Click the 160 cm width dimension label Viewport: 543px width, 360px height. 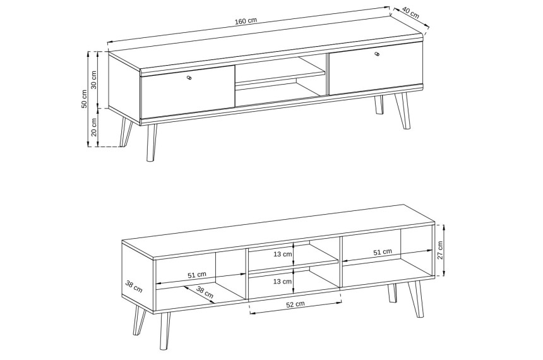(x=246, y=20)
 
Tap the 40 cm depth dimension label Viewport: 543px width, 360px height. (x=410, y=13)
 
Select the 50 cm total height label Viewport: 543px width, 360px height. (x=84, y=99)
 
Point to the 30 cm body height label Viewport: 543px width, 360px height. (x=94, y=80)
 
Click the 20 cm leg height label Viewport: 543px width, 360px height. (x=94, y=127)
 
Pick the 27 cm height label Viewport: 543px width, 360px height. (x=440, y=250)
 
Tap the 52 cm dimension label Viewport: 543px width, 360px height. (x=295, y=304)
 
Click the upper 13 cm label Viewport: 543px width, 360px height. (x=283, y=254)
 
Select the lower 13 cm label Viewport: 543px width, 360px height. (x=283, y=281)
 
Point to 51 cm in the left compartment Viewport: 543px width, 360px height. (x=197, y=275)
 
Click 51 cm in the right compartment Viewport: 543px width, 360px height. (x=383, y=252)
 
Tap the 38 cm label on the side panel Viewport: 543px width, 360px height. (x=134, y=287)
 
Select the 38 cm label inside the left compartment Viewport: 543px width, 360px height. (x=205, y=292)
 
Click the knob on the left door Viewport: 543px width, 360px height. (x=189, y=78)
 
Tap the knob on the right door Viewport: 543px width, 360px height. (x=377, y=54)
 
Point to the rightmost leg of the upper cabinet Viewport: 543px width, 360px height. (x=402, y=111)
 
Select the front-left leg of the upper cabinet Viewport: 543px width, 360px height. (x=151, y=143)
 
